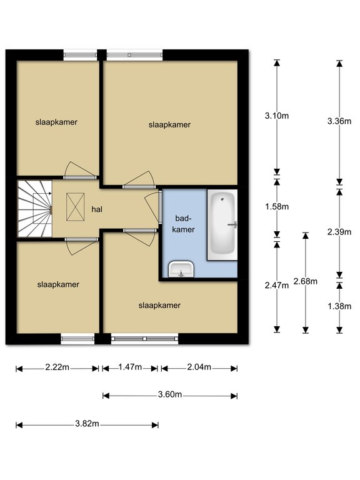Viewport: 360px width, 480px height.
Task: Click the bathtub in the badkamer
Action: (222, 225)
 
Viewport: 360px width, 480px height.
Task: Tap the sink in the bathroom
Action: (181, 269)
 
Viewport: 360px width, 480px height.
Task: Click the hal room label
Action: (97, 209)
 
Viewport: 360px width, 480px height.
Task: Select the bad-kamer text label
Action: (183, 224)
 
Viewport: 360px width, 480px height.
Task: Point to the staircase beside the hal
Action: (34, 209)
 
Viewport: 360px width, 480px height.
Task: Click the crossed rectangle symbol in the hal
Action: (75, 207)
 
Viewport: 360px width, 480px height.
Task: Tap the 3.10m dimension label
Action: (277, 116)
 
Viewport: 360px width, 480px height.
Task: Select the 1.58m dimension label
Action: (277, 207)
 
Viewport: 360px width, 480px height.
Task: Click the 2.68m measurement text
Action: (305, 281)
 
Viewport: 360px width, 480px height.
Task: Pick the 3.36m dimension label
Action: (339, 121)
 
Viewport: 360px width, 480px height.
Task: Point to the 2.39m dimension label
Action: (339, 232)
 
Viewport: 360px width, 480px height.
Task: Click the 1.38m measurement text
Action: (339, 306)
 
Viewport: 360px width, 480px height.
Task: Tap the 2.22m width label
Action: (57, 367)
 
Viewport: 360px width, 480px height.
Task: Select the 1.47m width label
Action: (130, 367)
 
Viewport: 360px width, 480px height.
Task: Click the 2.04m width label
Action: (199, 367)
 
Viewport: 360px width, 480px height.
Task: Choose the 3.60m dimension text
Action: (170, 394)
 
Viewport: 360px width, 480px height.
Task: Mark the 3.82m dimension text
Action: (87, 423)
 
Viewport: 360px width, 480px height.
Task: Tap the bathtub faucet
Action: (232, 225)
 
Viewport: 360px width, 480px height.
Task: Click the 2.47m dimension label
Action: (277, 285)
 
